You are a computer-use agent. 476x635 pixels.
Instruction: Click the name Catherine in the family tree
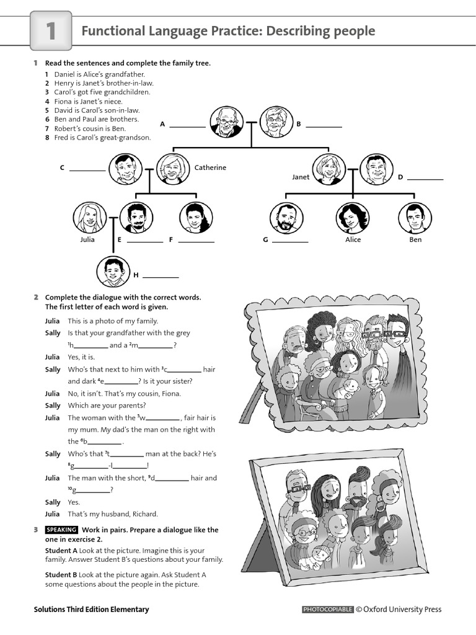(x=210, y=167)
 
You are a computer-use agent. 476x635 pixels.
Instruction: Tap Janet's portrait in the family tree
(x=329, y=169)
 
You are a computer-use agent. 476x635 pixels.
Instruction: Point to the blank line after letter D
(x=425, y=179)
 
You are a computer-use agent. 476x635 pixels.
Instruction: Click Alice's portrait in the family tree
(x=352, y=218)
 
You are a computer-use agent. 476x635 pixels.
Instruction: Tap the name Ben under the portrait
(x=415, y=239)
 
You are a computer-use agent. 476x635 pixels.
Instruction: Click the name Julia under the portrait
(x=87, y=239)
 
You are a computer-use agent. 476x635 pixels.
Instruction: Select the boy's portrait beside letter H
(x=113, y=272)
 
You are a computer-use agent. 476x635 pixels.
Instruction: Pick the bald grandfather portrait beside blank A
(x=226, y=122)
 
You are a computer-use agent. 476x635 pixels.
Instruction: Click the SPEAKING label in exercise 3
(x=62, y=530)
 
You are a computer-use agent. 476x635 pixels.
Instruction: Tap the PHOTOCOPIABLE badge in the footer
(x=328, y=610)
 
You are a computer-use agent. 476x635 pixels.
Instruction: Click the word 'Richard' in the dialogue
(x=144, y=513)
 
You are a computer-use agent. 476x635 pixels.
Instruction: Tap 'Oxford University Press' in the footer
(x=403, y=610)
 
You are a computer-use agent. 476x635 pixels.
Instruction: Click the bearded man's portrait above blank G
(x=286, y=218)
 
